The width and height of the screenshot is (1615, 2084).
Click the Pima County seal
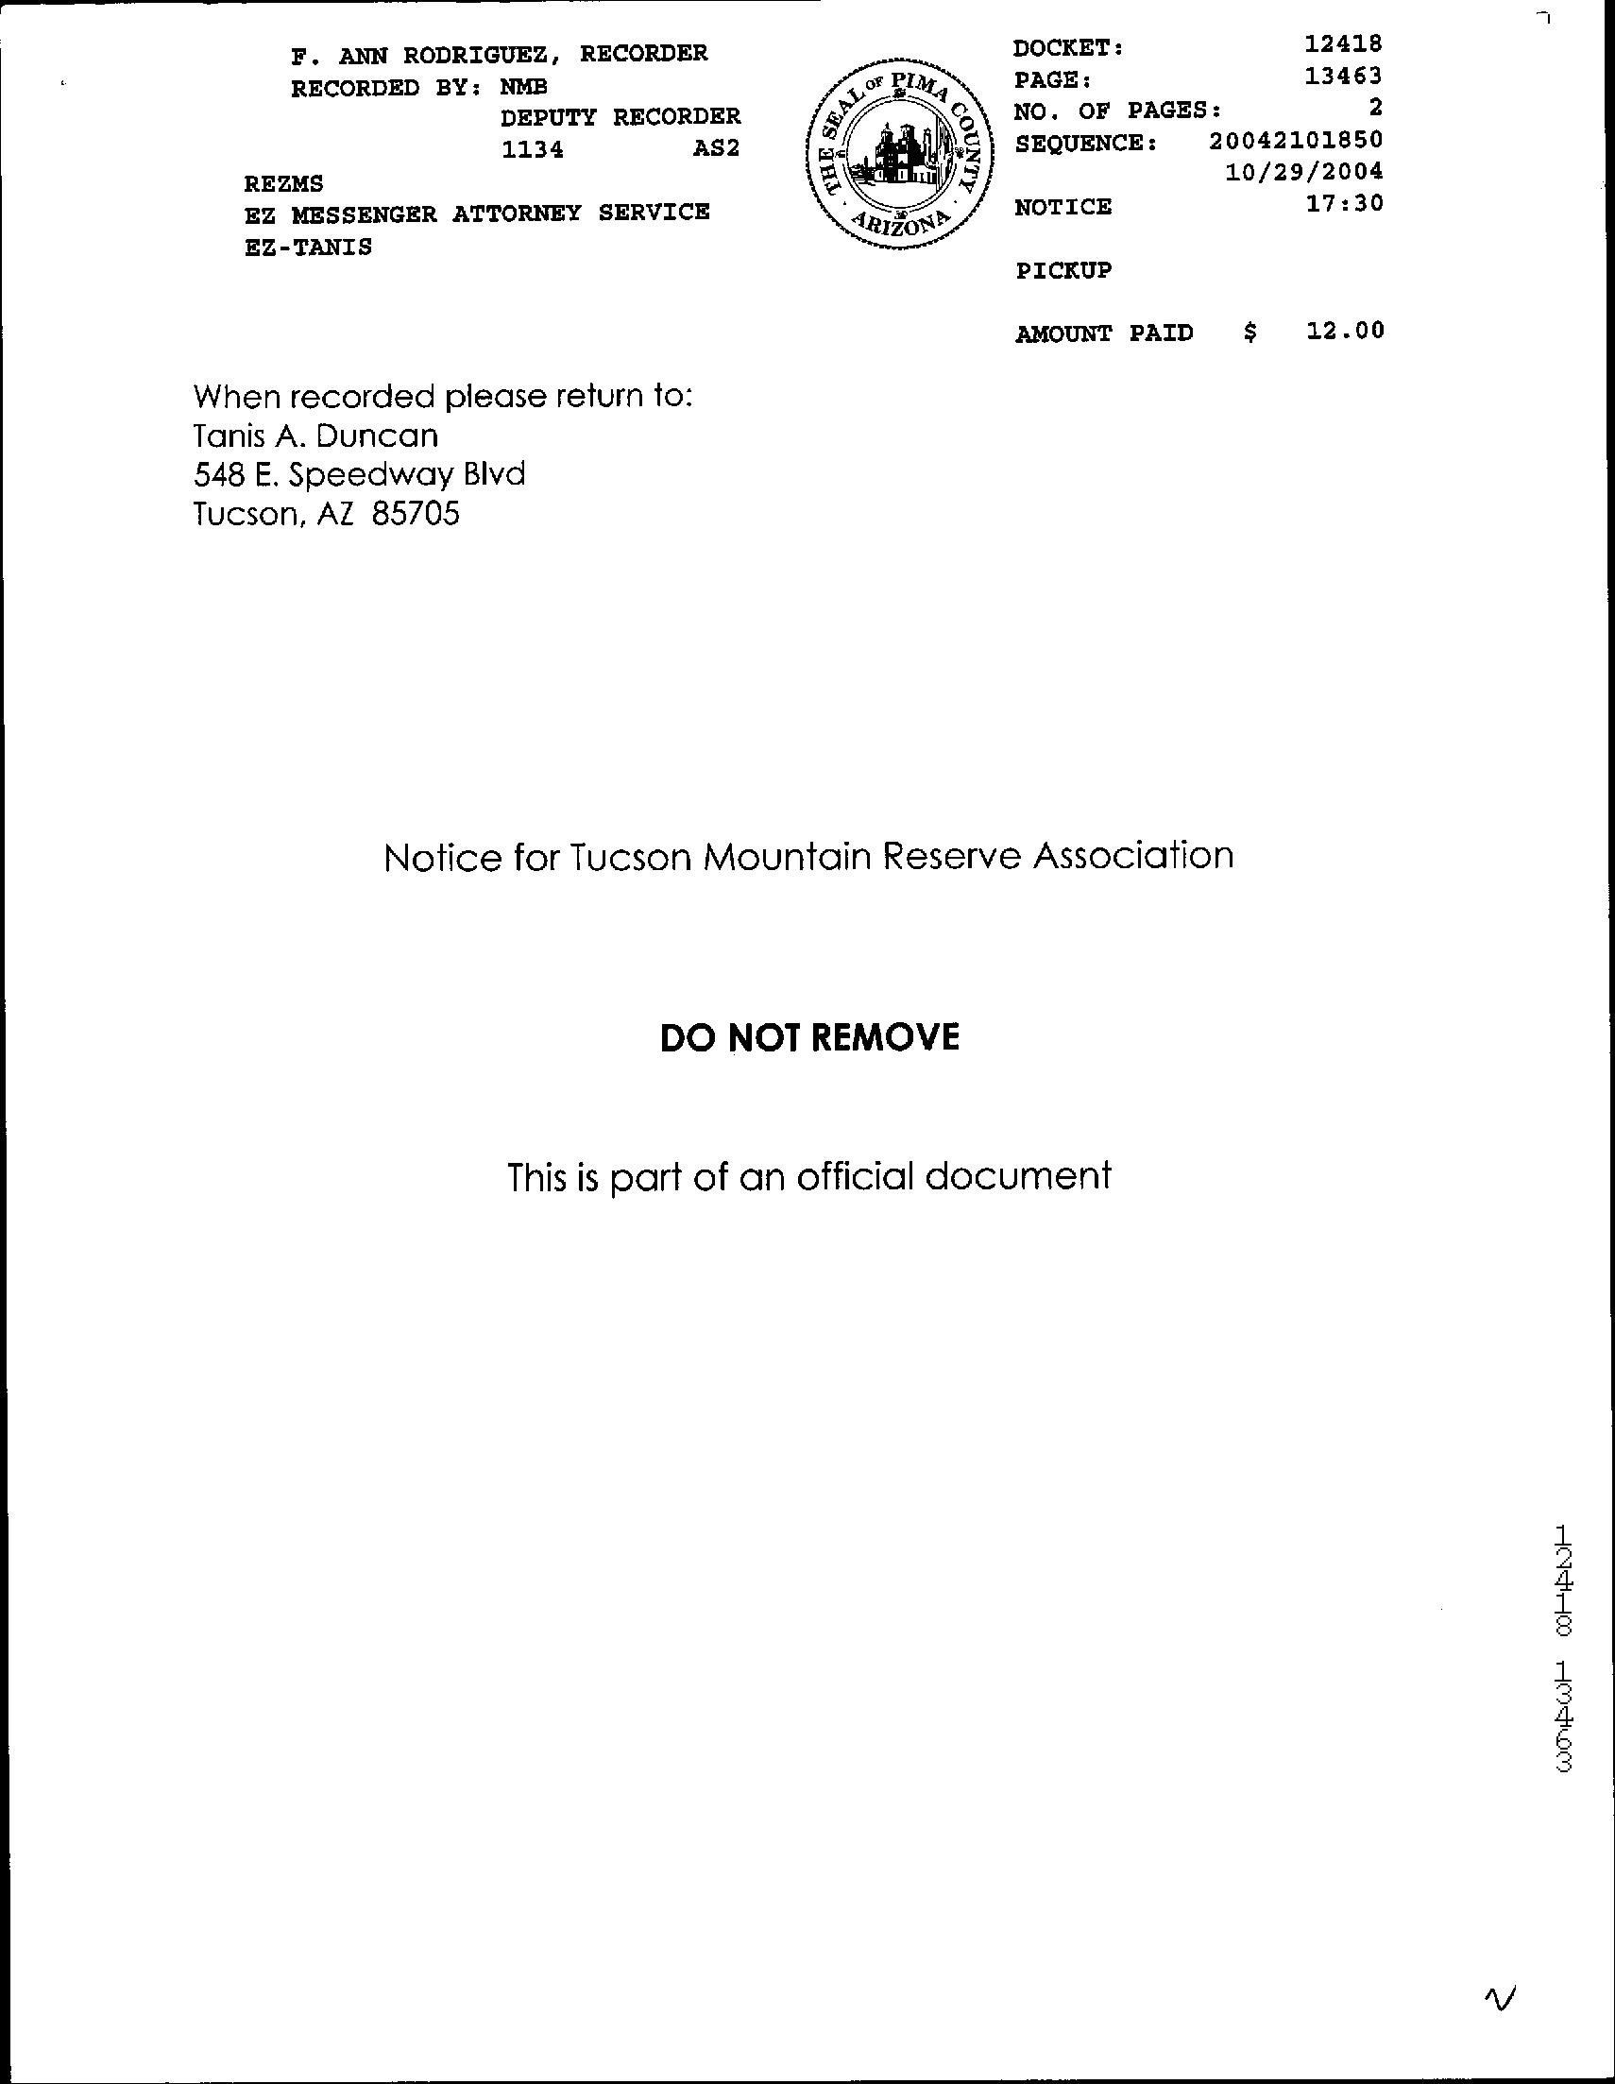click(x=899, y=163)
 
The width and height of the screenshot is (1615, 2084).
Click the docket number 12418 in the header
click(x=1343, y=43)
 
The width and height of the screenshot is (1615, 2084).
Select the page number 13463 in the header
click(x=1343, y=76)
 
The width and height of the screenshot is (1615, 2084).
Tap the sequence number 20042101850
click(x=1296, y=140)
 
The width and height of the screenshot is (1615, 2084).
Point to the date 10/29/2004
click(x=1302, y=172)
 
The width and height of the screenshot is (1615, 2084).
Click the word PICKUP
click(x=1062, y=271)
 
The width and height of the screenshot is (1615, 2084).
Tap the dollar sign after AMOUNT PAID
click(x=1250, y=333)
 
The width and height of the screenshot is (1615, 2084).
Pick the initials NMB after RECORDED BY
click(x=524, y=88)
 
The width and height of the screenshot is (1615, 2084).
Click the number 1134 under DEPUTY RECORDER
click(x=533, y=150)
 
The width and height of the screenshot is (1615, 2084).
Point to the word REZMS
click(x=283, y=182)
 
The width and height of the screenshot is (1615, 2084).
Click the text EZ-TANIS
click(x=307, y=248)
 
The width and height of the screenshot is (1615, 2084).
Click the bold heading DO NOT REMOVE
click(x=809, y=1037)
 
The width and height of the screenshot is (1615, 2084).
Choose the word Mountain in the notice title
click(x=787, y=857)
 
